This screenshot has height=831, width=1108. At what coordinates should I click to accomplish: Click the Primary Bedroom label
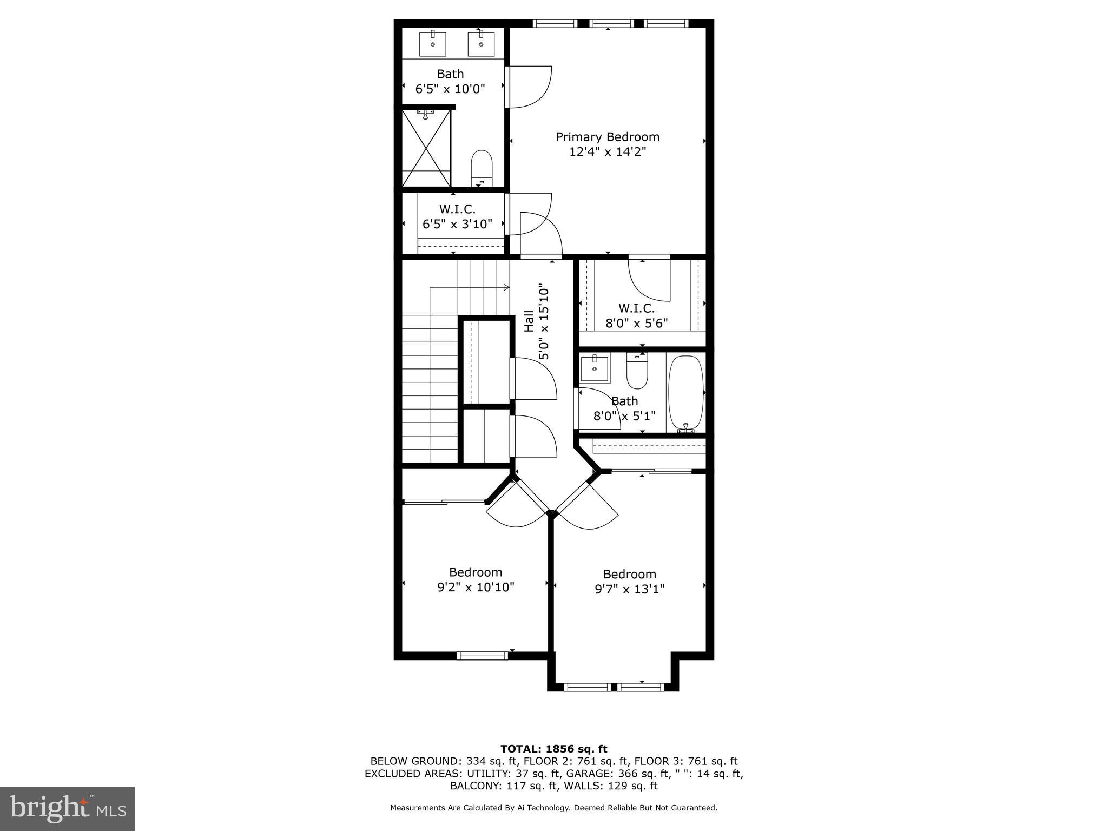[608, 144]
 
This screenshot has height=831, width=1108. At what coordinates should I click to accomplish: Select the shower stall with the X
[427, 148]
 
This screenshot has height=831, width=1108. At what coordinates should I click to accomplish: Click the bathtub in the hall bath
[685, 393]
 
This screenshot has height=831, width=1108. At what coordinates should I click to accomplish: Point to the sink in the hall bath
[595, 368]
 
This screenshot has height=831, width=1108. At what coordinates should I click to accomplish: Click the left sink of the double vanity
[433, 44]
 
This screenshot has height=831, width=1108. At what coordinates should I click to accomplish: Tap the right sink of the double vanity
[480, 44]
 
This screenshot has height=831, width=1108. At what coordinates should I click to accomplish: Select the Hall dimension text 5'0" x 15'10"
[536, 324]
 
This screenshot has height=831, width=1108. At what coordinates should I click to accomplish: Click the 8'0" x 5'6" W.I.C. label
[636, 316]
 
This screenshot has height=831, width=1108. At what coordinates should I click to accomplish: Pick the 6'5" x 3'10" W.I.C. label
[457, 216]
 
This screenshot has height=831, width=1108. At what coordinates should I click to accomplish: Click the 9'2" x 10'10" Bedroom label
[476, 579]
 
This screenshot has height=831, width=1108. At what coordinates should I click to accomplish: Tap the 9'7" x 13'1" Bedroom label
[629, 582]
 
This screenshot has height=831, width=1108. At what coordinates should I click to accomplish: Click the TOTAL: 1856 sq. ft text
[553, 749]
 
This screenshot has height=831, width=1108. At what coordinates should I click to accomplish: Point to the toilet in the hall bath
[637, 371]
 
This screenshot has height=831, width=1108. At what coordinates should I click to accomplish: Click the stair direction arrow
[505, 287]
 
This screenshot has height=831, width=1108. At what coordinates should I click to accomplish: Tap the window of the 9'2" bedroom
[482, 656]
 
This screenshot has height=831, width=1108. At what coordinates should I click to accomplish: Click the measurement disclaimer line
[553, 808]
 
